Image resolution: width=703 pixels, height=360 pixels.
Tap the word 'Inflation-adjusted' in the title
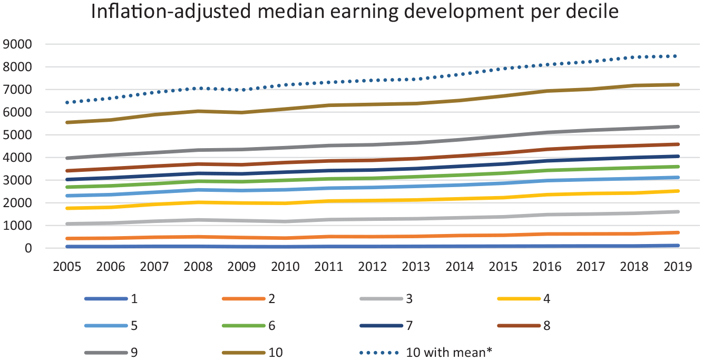[171, 12]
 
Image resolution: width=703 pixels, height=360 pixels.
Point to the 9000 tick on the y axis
[17, 44]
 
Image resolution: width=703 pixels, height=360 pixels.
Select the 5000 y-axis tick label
[17, 135]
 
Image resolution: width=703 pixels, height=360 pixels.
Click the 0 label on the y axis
[28, 248]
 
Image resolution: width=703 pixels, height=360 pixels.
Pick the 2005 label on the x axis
[67, 267]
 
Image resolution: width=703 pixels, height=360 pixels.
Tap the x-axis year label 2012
[372, 267]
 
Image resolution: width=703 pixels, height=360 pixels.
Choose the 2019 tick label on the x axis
[678, 267]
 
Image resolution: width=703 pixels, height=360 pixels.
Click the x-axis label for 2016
[547, 267]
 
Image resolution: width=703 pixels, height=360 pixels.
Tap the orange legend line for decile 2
[243, 299]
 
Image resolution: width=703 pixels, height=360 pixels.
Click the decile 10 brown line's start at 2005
[67, 122]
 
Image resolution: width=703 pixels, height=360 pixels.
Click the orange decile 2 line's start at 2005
[67, 239]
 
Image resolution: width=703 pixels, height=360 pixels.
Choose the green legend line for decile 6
[243, 326]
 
